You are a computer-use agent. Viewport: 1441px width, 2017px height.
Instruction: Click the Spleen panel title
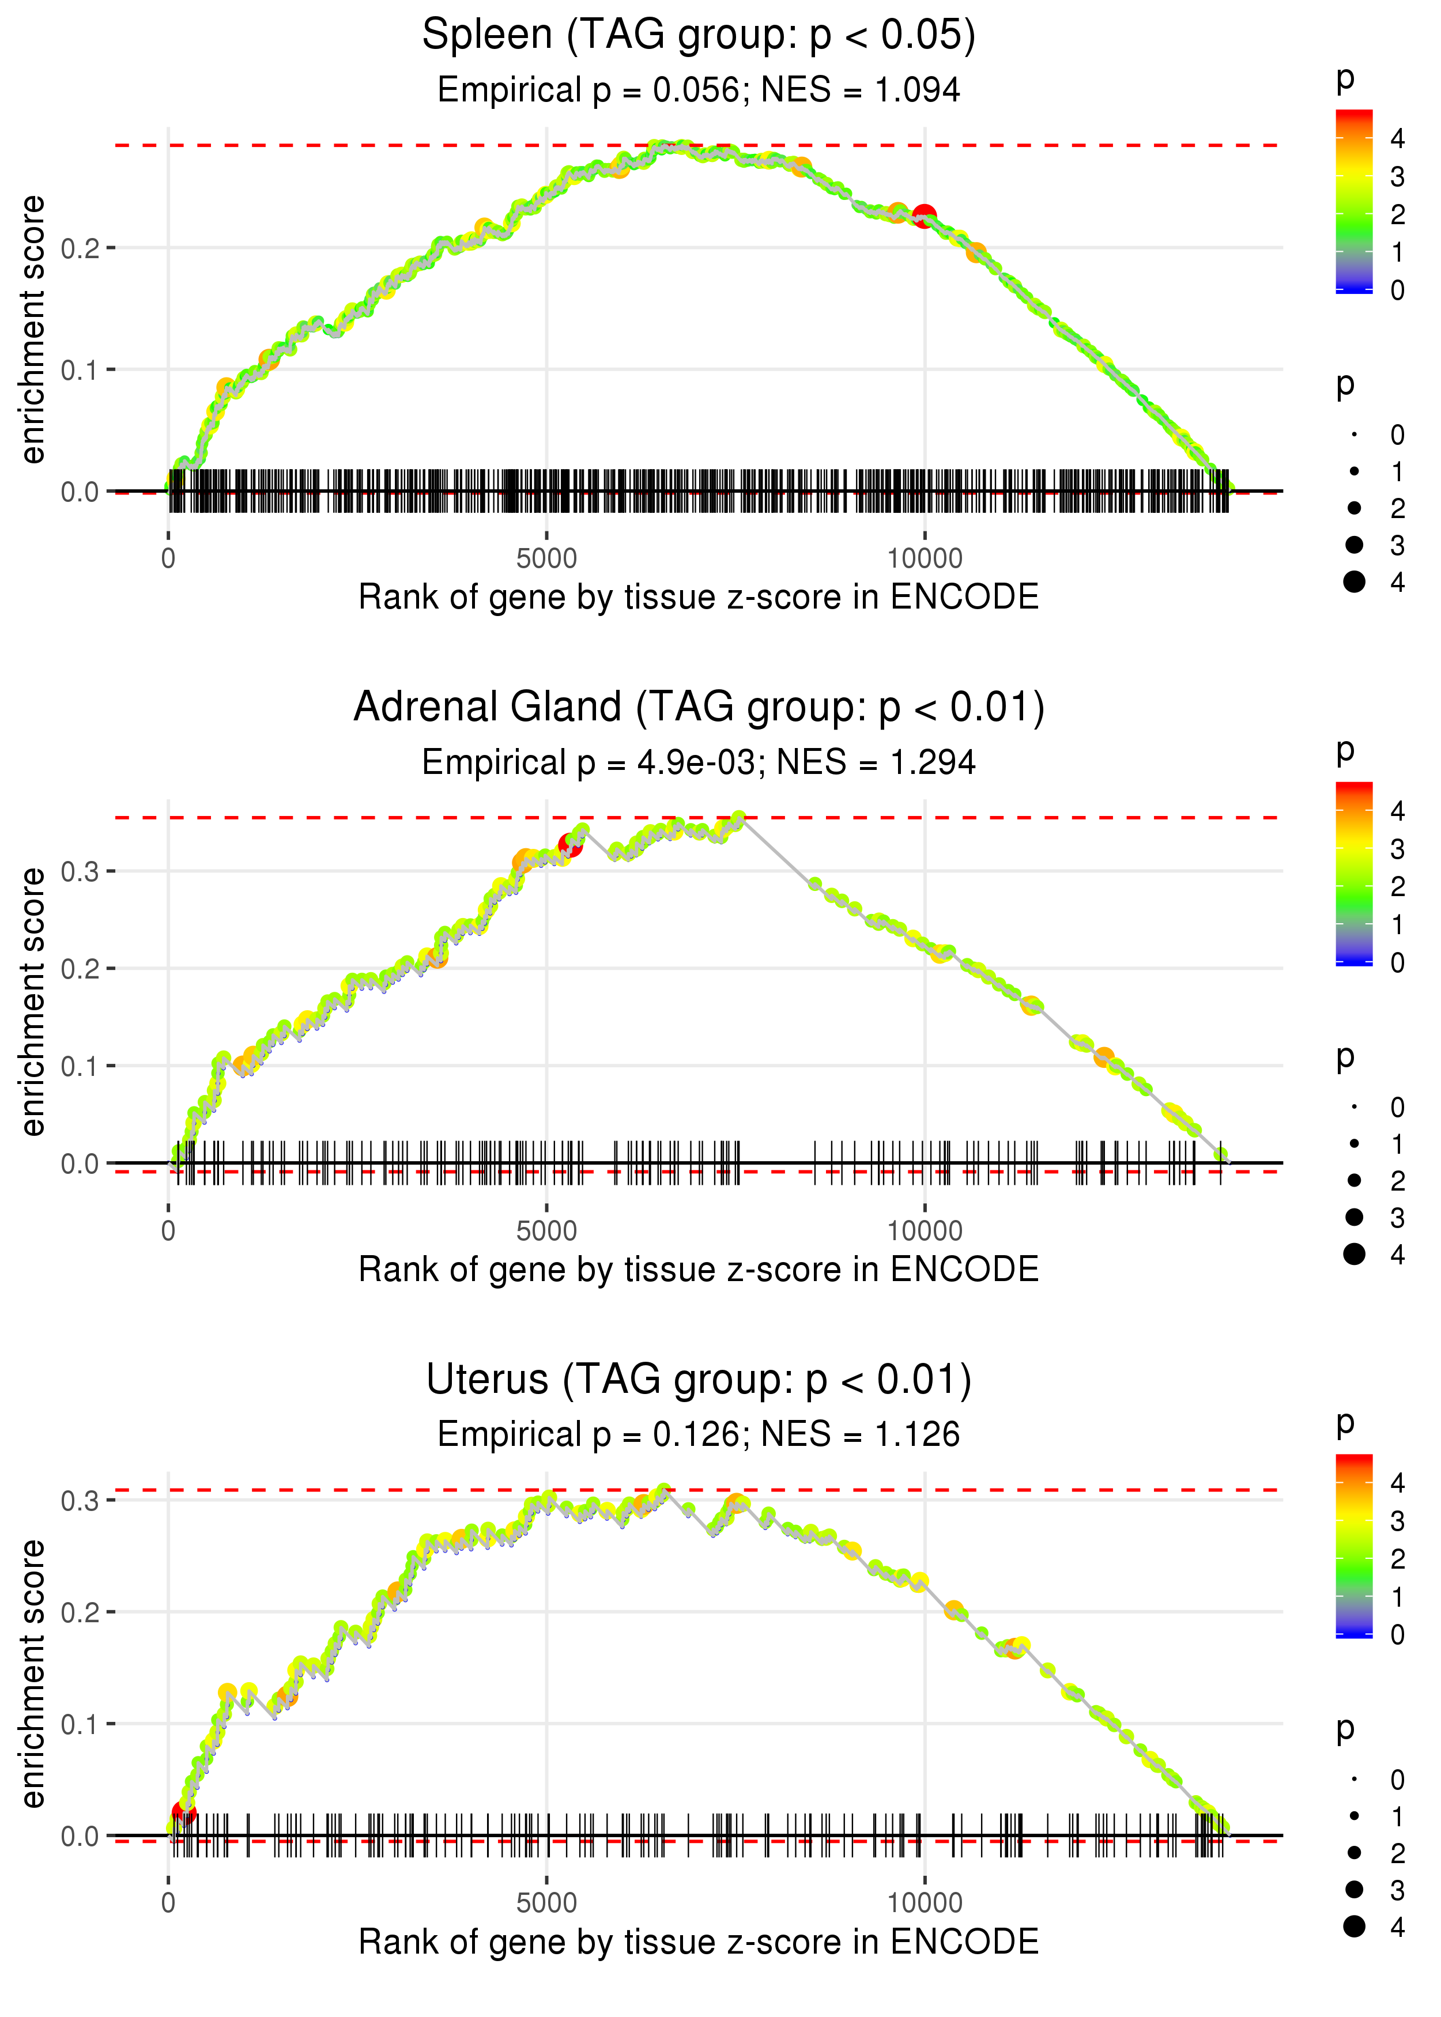(699, 36)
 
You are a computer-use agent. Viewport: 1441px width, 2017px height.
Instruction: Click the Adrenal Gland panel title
(699, 708)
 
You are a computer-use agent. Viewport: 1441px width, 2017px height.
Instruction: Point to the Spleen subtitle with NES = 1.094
(699, 90)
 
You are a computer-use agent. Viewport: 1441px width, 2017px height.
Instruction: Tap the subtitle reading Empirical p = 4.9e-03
(699, 763)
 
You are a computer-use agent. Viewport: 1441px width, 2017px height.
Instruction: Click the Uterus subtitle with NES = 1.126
(699, 1435)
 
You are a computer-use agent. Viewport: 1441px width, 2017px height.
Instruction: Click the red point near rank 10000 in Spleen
(925, 216)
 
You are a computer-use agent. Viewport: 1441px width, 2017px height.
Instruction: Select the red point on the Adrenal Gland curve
(571, 846)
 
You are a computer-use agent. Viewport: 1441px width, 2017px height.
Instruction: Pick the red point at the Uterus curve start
(184, 1811)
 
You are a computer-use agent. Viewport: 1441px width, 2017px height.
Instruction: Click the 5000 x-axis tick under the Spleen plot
(546, 559)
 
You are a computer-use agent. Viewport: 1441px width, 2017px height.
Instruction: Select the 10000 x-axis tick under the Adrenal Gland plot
(925, 1231)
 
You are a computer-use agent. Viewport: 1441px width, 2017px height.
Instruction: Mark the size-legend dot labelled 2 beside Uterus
(1354, 1853)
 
